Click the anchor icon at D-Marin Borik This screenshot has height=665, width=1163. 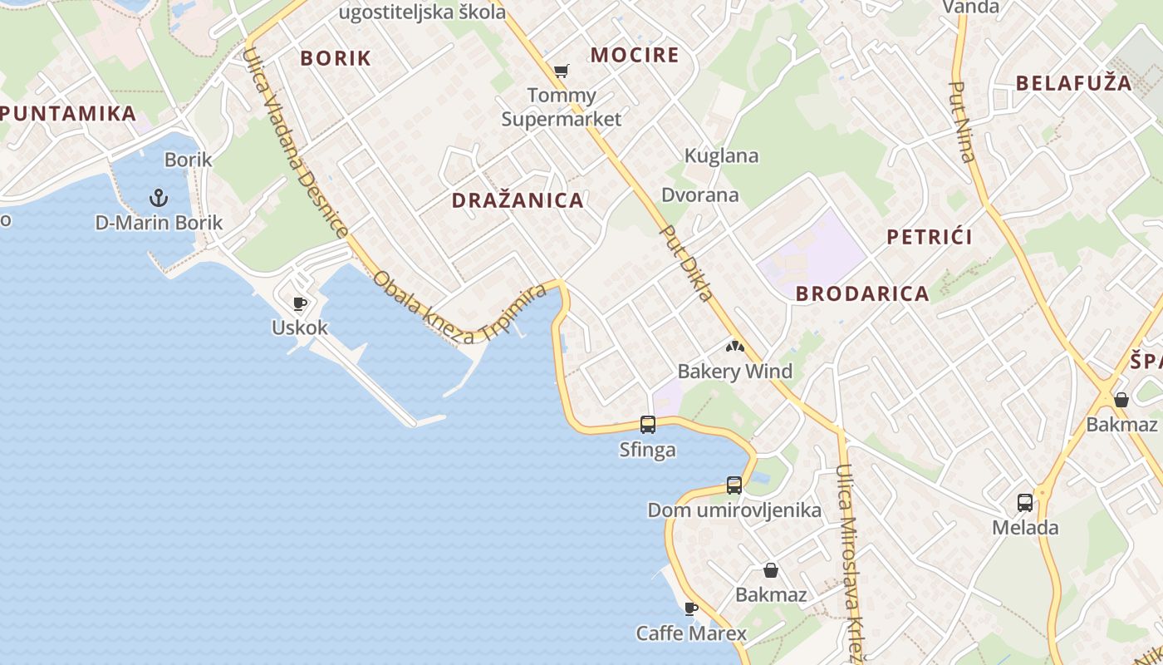158,198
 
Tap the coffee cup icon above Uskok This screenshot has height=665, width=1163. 300,303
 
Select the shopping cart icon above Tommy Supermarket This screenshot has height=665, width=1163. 562,71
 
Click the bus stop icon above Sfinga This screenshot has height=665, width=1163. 648,425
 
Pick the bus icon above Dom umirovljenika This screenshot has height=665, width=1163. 734,485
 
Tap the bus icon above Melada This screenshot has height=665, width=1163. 1025,502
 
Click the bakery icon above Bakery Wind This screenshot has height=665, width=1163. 735,346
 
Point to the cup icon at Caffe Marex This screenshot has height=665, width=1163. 691,608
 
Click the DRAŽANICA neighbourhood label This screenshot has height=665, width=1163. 518,200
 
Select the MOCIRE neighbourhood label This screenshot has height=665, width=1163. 635,56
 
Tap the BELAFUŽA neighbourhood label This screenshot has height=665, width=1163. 1074,83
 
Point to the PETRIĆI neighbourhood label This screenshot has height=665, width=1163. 930,237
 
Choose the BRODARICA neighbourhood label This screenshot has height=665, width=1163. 862,293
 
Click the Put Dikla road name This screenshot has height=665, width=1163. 686,263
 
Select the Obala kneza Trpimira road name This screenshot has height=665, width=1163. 459,308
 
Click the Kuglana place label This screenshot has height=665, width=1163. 721,155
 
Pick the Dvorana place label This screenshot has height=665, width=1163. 699,195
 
